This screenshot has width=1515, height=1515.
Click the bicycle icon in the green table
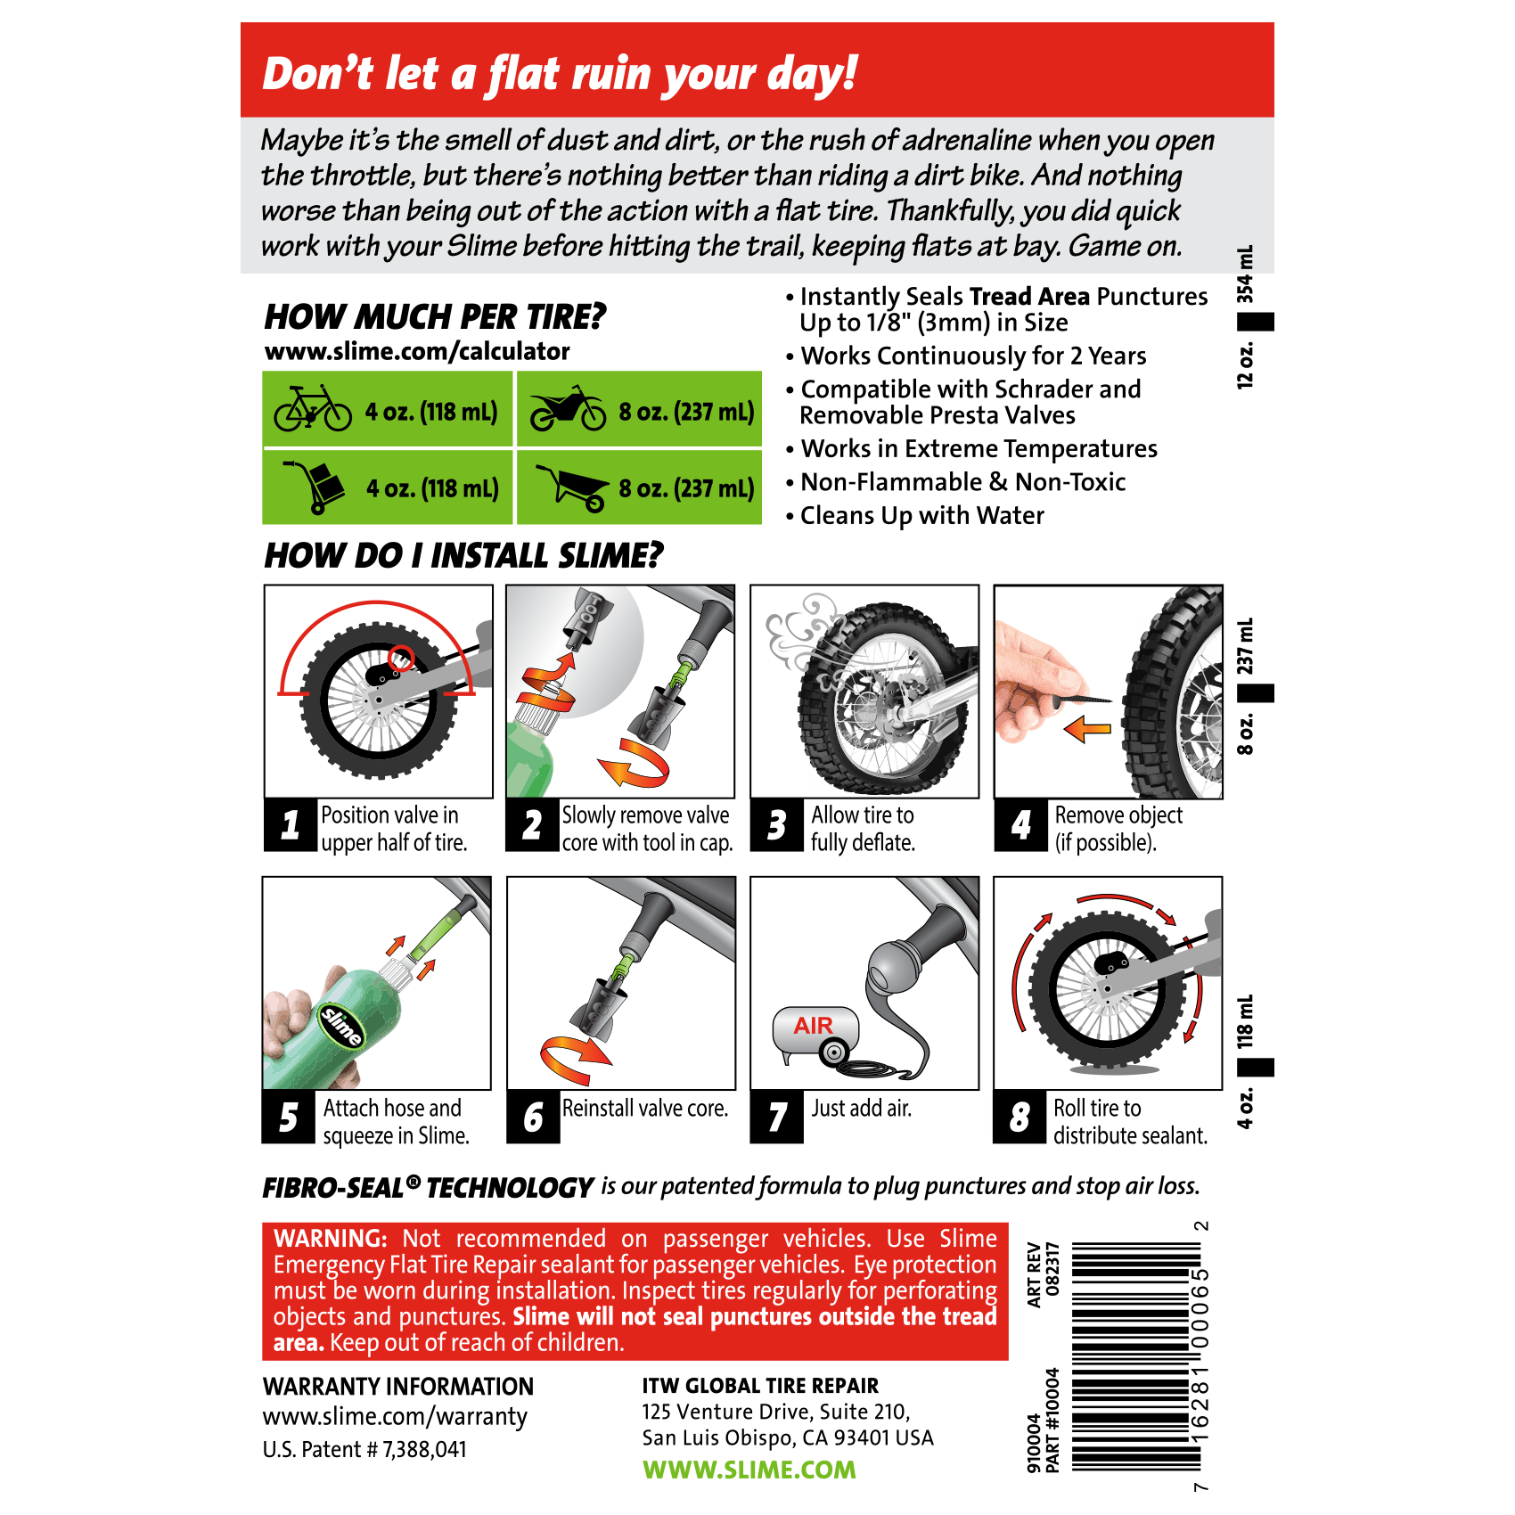[x=313, y=409]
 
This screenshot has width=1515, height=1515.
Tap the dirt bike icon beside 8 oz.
[x=568, y=409]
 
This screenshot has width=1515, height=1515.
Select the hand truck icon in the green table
[x=314, y=487]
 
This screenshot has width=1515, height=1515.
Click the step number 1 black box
[x=291, y=825]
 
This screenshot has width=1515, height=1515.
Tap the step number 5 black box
[x=288, y=1117]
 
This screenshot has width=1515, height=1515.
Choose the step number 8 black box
[x=1020, y=1117]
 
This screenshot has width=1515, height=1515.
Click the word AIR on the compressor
[x=814, y=1026]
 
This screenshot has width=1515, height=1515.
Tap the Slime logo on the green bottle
[x=342, y=1027]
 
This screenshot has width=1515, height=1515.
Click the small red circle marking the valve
[x=401, y=658]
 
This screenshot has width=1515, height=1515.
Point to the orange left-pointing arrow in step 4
[x=1087, y=729]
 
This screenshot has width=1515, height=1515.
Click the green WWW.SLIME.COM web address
[x=749, y=1470]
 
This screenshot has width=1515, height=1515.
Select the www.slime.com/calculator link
[x=417, y=351]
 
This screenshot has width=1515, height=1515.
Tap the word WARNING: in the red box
[x=331, y=1239]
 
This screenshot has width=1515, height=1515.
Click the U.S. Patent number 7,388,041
[x=364, y=1450]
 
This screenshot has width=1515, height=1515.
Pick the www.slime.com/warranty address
[x=395, y=1417]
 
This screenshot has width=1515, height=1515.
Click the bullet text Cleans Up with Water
[x=922, y=516]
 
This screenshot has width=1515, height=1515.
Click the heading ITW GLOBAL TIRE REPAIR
[x=760, y=1386]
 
